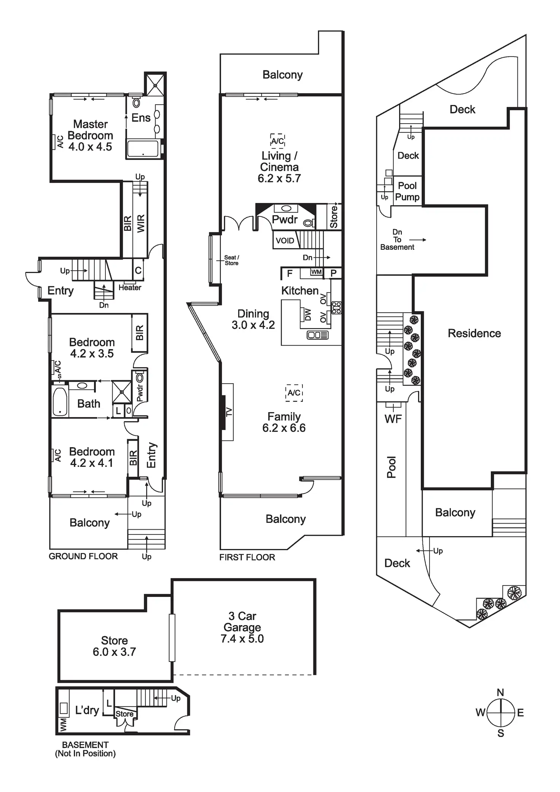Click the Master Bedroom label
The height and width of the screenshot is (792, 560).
coord(90,135)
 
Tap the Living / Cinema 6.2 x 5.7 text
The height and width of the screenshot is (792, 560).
coord(279,167)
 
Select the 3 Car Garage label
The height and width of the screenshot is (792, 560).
coord(242,627)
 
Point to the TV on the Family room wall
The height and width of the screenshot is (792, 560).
coord(228,412)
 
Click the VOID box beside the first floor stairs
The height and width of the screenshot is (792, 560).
coord(285,241)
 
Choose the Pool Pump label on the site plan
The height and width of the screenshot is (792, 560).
coord(407,191)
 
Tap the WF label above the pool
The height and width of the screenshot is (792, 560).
coord(393,419)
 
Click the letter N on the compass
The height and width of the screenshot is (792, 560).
coord(500,692)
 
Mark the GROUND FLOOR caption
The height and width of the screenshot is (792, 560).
coord(83,556)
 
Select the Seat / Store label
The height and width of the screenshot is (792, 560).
coord(231,260)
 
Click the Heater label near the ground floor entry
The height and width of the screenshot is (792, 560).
coord(130,287)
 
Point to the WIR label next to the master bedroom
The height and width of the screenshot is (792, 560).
coord(141,223)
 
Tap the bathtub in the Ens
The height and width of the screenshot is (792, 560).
coord(143,149)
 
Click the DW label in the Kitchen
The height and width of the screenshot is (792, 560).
coord(308,314)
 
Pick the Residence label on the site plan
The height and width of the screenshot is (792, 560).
coord(474,333)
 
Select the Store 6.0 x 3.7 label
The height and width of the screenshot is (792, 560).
coord(114,646)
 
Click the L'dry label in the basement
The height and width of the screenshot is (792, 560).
coord(87,710)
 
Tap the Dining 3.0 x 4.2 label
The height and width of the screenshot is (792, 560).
coord(253,319)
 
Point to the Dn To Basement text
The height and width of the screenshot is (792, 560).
coord(397,240)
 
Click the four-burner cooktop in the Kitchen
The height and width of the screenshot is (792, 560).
coord(336,308)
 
